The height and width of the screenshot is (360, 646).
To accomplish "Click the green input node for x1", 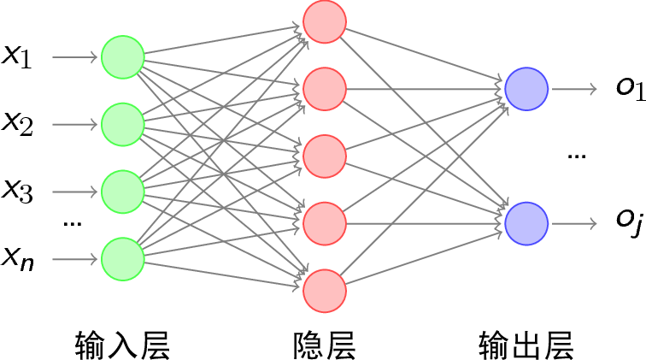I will click(x=122, y=57).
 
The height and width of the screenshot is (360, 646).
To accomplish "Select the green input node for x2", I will click(x=122, y=124).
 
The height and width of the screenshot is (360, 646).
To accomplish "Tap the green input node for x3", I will click(x=122, y=191).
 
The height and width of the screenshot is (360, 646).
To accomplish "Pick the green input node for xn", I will click(x=122, y=258).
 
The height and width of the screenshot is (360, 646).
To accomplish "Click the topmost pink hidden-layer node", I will click(x=325, y=21).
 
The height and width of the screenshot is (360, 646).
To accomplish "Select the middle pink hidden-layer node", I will click(x=325, y=156).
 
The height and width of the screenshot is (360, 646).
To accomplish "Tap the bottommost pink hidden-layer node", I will click(x=325, y=291).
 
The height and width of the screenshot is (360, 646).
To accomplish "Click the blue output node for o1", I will click(x=526, y=88).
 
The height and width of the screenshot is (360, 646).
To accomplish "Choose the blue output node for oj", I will click(x=526, y=224).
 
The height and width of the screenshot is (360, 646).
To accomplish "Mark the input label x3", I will click(x=17, y=191).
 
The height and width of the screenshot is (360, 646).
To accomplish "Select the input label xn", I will click(x=17, y=257).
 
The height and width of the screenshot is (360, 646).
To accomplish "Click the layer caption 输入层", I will click(x=122, y=344).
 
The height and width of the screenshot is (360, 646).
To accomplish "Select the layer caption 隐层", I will click(x=324, y=344).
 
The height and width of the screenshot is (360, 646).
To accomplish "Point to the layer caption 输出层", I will click(x=526, y=344).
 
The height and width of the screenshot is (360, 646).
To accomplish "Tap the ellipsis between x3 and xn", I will click(x=72, y=224).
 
